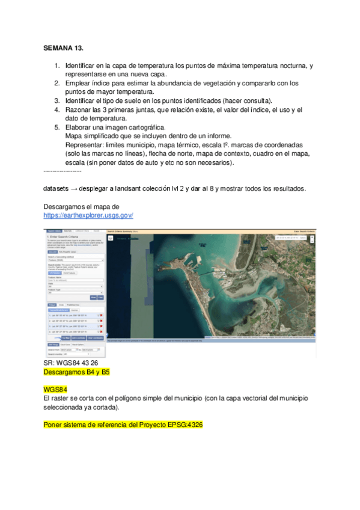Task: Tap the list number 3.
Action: pos(56,100)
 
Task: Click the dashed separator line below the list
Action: pos(63,172)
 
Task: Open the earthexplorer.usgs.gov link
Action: pos(88,215)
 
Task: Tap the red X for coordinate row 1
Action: pos(102,315)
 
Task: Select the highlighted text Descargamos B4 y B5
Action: pos(76,372)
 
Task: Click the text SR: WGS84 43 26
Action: pos(70,364)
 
